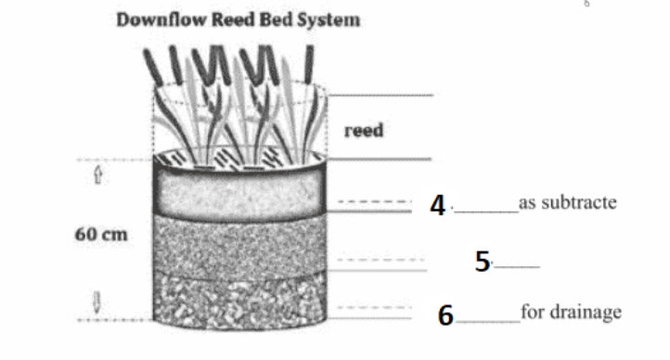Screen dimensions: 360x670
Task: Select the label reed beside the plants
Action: point(364,131)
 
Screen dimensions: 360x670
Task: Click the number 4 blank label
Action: point(438,205)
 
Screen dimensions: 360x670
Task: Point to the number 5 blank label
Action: point(483,263)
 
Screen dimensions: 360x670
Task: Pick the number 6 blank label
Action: point(446,316)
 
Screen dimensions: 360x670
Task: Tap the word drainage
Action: point(585,313)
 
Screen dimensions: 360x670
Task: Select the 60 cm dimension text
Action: point(101,235)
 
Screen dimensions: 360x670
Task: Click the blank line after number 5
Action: point(520,267)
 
